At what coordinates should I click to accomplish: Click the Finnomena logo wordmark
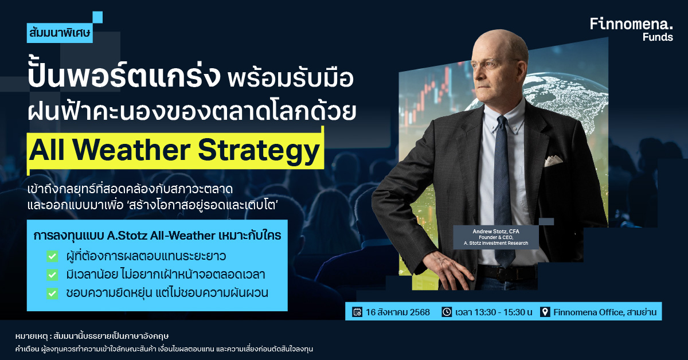click(631, 24)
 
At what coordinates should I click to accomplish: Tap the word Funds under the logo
click(658, 37)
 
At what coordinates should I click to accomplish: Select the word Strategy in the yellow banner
click(259, 151)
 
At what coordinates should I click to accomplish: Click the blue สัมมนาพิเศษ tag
click(60, 33)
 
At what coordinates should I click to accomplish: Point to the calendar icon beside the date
click(357, 312)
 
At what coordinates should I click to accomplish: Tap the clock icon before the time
click(447, 312)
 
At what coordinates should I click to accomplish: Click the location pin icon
click(545, 312)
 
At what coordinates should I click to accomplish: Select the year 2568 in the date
click(420, 312)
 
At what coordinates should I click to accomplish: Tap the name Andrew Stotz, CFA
click(496, 231)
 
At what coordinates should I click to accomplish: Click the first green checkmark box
click(52, 256)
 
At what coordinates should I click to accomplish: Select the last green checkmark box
click(52, 293)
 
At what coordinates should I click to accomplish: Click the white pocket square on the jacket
click(553, 161)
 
